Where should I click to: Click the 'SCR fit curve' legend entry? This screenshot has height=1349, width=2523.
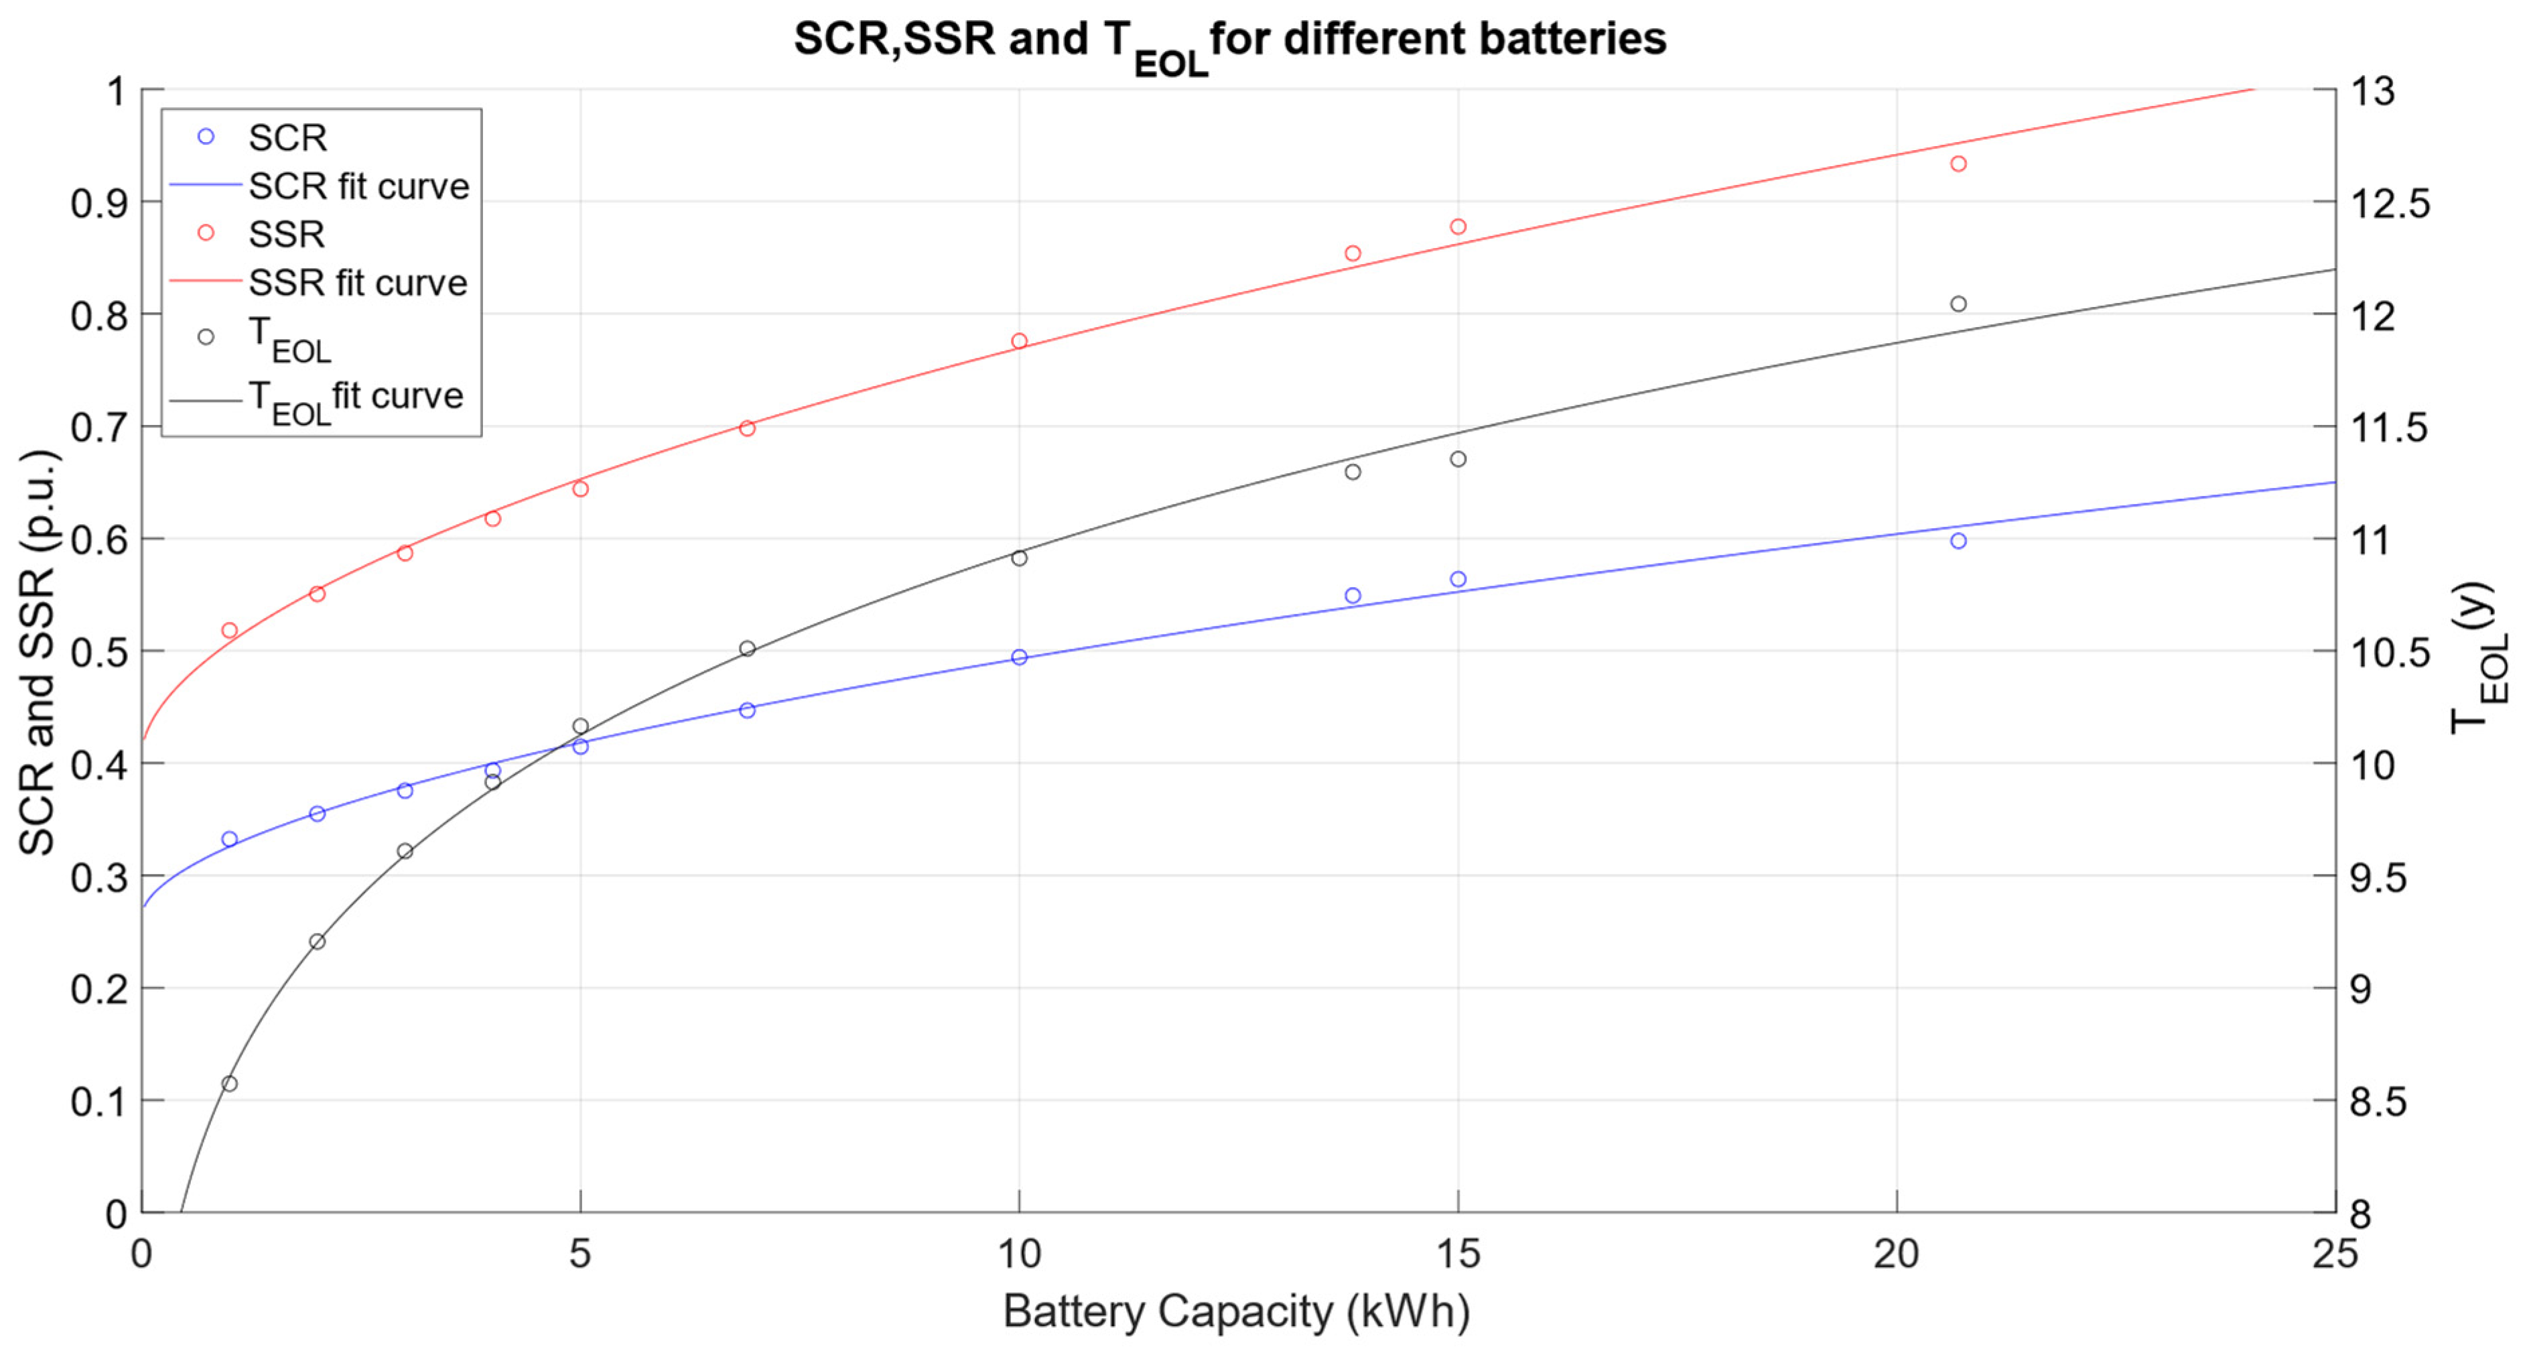(x=358, y=186)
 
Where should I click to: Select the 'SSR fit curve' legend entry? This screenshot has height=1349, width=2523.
(x=358, y=283)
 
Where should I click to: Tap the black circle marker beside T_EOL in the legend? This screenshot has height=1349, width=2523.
(x=206, y=337)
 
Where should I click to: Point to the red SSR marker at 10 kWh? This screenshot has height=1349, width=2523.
(x=1018, y=341)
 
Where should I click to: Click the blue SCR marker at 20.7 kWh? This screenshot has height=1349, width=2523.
(x=1958, y=541)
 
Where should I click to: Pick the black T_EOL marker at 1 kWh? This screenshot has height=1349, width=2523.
(x=229, y=1084)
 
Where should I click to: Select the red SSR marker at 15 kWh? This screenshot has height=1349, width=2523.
(x=1457, y=227)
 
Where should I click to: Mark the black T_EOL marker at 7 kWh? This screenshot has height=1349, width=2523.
(x=747, y=649)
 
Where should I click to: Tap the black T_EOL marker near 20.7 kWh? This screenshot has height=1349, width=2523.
(x=1958, y=304)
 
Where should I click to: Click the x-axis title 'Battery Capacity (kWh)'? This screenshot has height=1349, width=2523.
(x=1236, y=1311)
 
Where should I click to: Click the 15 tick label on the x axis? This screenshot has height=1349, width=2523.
(x=1457, y=1254)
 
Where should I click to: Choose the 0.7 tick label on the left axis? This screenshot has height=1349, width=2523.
(x=99, y=428)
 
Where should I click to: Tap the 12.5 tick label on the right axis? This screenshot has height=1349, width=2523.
(x=2389, y=204)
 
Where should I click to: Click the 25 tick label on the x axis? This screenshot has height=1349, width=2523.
(x=2335, y=1254)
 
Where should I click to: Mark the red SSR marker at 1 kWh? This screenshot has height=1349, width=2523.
(x=229, y=630)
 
